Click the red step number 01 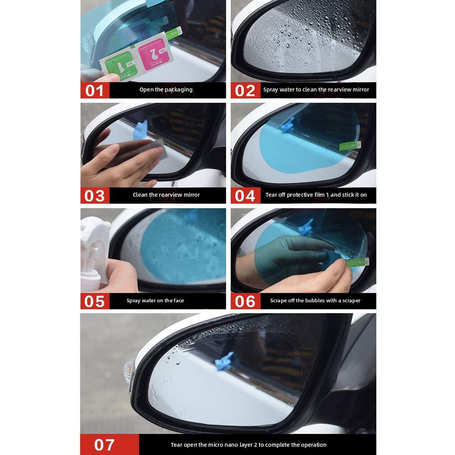95,90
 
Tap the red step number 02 245,90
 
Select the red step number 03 95,196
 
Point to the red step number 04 245,196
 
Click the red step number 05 95,301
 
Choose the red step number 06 245,301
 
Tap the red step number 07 105,445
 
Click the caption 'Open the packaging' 166,90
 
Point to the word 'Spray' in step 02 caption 270,90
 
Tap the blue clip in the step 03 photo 140,130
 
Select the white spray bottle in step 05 93,255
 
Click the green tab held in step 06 357,262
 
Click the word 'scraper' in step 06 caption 350,300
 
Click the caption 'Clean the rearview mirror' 166,195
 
